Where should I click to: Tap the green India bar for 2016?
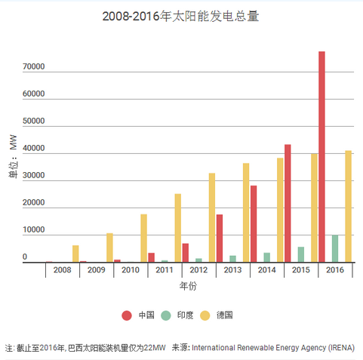335,248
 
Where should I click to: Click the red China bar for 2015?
288,203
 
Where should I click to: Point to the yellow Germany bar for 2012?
212,217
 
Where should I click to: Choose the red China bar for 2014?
254,223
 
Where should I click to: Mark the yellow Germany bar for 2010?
143,238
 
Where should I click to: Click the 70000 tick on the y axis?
34,67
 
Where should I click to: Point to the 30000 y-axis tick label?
34,177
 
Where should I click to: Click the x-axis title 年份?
188,287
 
